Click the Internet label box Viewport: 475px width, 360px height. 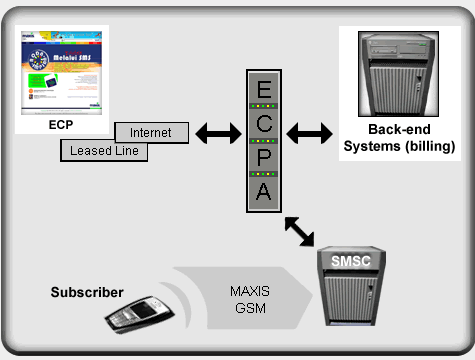(x=151, y=132)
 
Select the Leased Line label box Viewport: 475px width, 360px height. (x=105, y=151)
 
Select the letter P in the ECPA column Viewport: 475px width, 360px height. (x=263, y=158)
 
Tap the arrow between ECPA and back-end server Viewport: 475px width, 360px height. (x=310, y=132)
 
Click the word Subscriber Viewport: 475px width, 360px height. (x=87, y=293)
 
